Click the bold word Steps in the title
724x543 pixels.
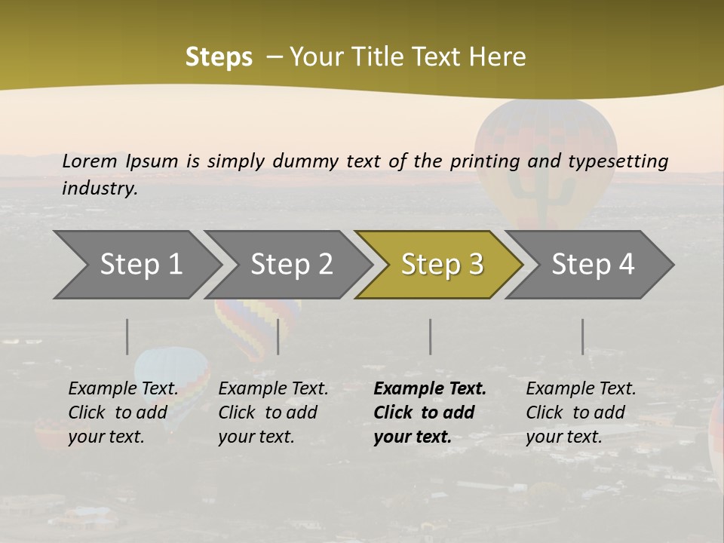pos(219,57)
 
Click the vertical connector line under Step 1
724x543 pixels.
pos(127,336)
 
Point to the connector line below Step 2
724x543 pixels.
pos(278,336)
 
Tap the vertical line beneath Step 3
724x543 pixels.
pos(430,336)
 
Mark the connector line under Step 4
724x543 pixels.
pos(582,336)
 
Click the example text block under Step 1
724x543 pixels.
pos(123,413)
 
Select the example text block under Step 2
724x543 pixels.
pos(273,413)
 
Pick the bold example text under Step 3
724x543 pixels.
pos(430,413)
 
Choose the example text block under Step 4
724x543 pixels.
pos(581,413)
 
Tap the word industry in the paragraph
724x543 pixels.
pos(99,189)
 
